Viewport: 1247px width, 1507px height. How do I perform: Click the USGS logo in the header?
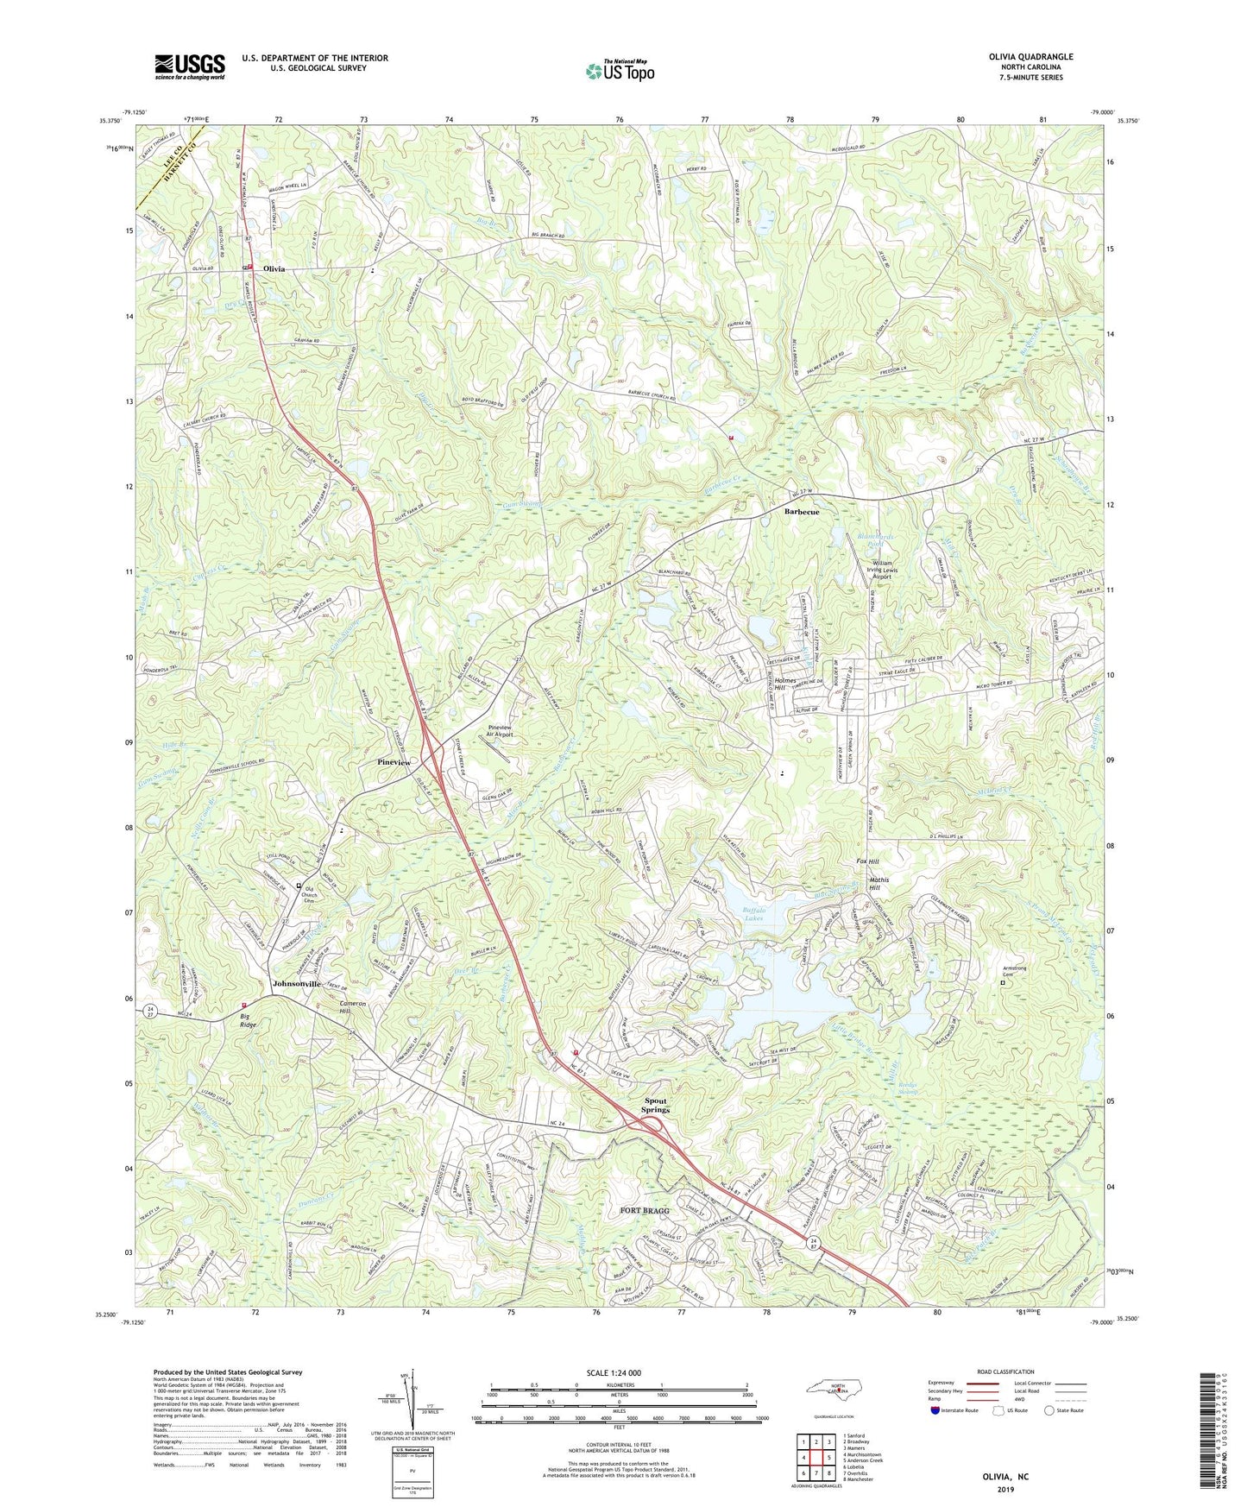190,66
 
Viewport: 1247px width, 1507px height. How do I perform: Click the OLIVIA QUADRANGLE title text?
1030,57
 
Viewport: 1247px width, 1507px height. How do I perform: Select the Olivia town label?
268,269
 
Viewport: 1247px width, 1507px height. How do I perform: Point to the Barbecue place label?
802,512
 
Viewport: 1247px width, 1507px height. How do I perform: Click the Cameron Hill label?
355,1007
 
